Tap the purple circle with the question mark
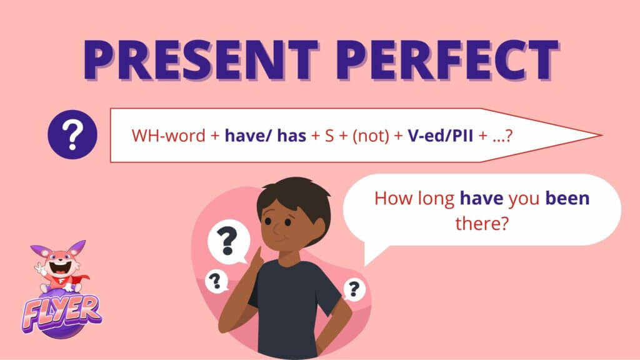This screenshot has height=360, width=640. click(x=72, y=135)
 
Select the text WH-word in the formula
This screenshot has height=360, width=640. click(x=168, y=136)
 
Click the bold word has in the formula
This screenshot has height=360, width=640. click(x=291, y=136)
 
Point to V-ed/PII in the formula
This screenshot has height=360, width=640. click(x=441, y=136)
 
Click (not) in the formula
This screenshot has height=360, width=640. click(x=371, y=136)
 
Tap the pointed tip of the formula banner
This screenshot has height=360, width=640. click(x=601, y=135)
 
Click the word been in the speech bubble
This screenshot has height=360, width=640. click(x=567, y=198)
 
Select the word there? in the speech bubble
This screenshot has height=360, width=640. click(x=482, y=223)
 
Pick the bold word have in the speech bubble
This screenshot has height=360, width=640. click(x=482, y=199)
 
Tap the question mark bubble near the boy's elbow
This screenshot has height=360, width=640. click(x=354, y=289)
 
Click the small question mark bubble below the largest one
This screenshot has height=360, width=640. click(x=216, y=281)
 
